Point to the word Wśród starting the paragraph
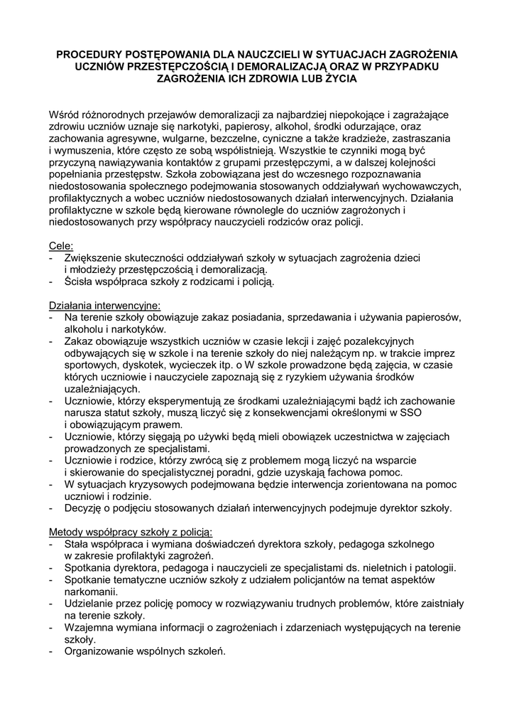64,114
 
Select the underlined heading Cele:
60,245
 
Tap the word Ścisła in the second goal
79,282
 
